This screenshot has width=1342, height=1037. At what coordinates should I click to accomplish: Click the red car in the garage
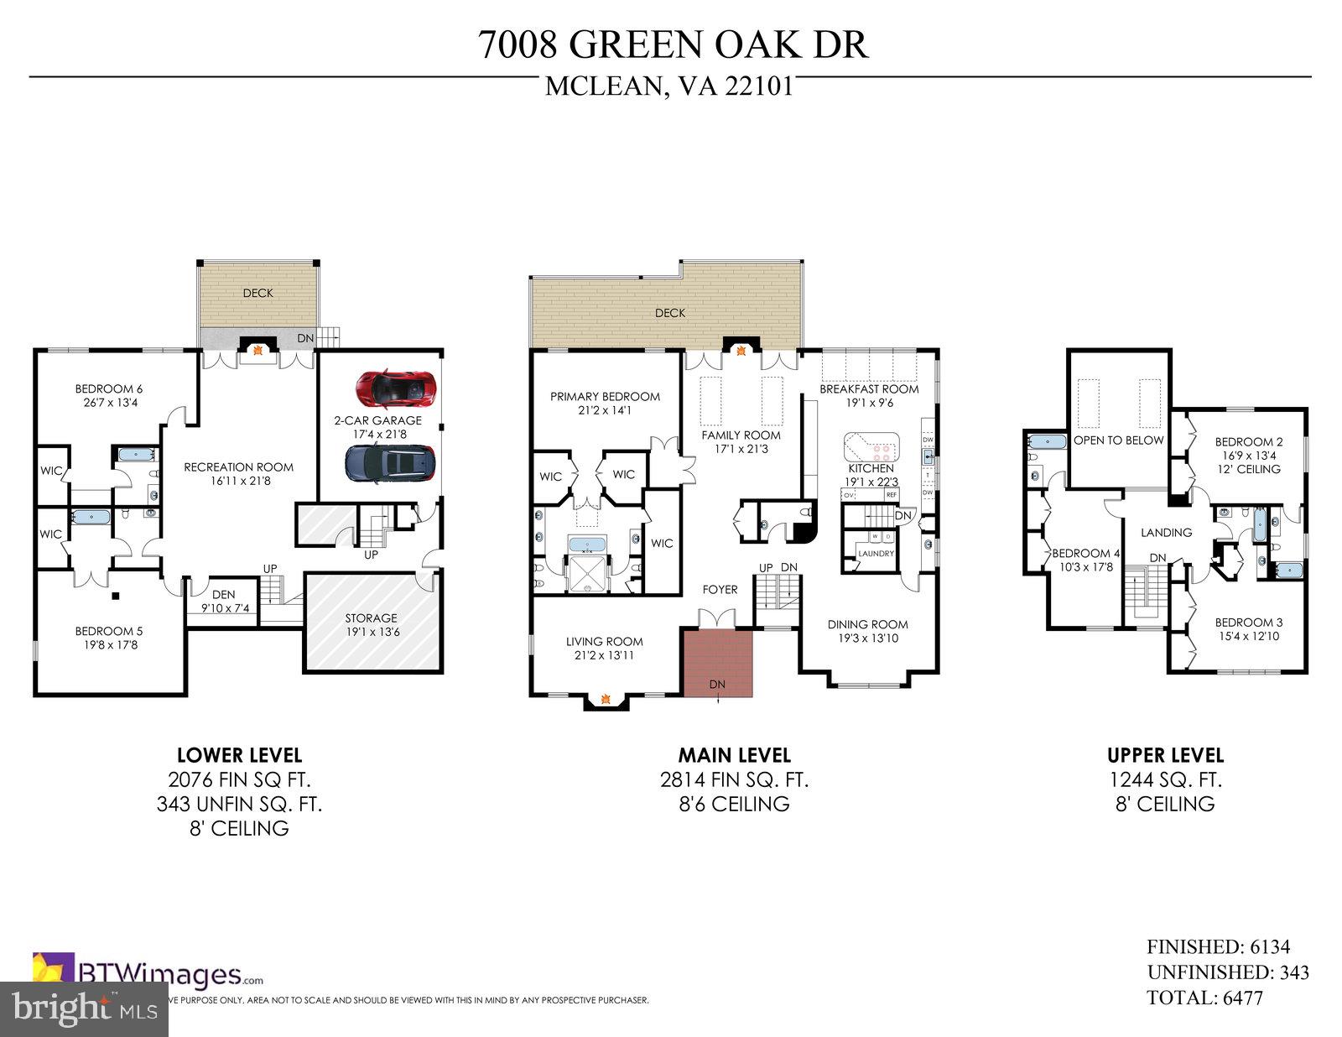tap(396, 388)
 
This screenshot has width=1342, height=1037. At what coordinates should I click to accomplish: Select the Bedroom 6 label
tap(108, 388)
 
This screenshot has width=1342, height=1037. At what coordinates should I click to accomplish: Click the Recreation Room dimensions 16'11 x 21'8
tap(238, 482)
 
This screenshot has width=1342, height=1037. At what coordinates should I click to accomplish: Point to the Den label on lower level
tap(223, 595)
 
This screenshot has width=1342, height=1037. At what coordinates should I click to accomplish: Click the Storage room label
tap(371, 618)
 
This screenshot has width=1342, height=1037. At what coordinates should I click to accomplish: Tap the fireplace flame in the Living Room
tap(605, 697)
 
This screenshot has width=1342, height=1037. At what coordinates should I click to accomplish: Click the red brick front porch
tap(717, 662)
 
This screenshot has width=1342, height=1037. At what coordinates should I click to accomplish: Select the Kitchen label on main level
tap(871, 468)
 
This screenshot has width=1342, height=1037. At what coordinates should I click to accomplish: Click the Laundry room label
tap(875, 554)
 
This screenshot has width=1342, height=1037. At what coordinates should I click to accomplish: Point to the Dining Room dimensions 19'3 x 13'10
tap(867, 638)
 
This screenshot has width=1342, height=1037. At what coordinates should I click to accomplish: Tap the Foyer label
tap(720, 590)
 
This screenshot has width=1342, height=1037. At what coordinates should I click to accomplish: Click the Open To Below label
tap(1118, 440)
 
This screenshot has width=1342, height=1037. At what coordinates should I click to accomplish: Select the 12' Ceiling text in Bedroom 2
tap(1249, 469)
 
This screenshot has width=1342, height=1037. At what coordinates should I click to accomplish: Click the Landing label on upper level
tap(1166, 533)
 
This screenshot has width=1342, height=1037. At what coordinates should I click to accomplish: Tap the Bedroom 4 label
tap(1085, 554)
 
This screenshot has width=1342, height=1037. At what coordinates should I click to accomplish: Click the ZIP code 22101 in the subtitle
tap(759, 87)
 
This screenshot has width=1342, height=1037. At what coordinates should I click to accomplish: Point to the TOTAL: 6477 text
tap(1204, 998)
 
